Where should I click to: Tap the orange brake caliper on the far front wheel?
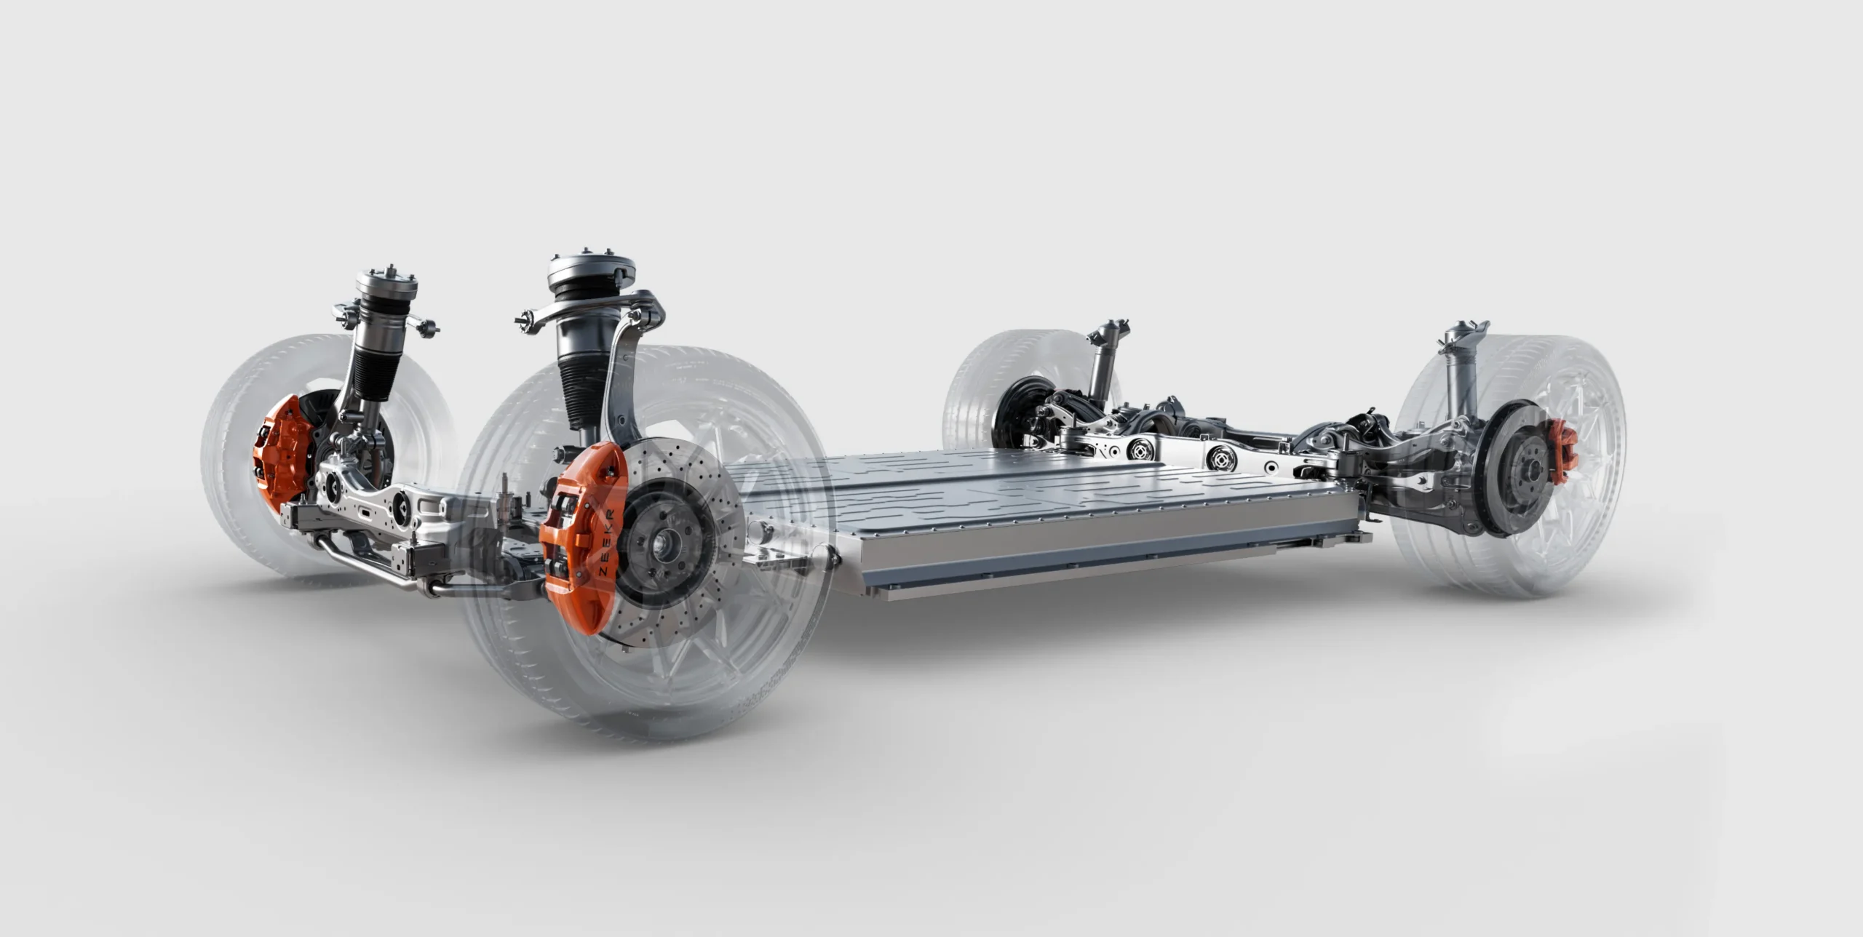(284, 444)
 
